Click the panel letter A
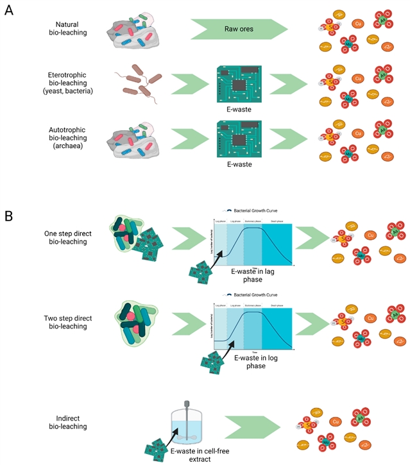[9, 12]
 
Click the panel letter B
[9, 215]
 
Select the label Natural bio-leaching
[71, 29]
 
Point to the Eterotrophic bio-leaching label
[71, 83]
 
